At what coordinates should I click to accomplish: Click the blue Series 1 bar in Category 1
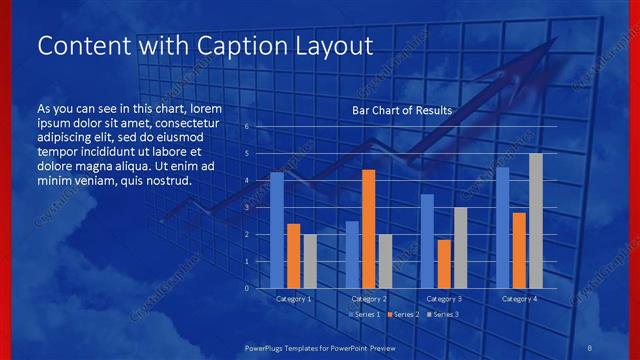pos(277,230)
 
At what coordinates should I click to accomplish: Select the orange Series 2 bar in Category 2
pos(368,229)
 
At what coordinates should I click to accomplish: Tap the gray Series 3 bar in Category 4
pos(535,220)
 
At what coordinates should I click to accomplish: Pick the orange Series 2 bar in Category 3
pos(443,264)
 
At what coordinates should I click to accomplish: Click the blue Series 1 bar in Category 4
pos(502,227)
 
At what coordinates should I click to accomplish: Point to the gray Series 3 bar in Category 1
pos(310,261)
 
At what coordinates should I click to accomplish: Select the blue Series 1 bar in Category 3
pos(427,241)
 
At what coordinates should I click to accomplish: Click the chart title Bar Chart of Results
pos(402,110)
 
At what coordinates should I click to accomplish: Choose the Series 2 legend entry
pos(403,314)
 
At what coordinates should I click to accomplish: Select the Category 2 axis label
pos(369,299)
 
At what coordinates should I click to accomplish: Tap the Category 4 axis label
pos(519,299)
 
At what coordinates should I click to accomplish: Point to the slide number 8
pos(589,346)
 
